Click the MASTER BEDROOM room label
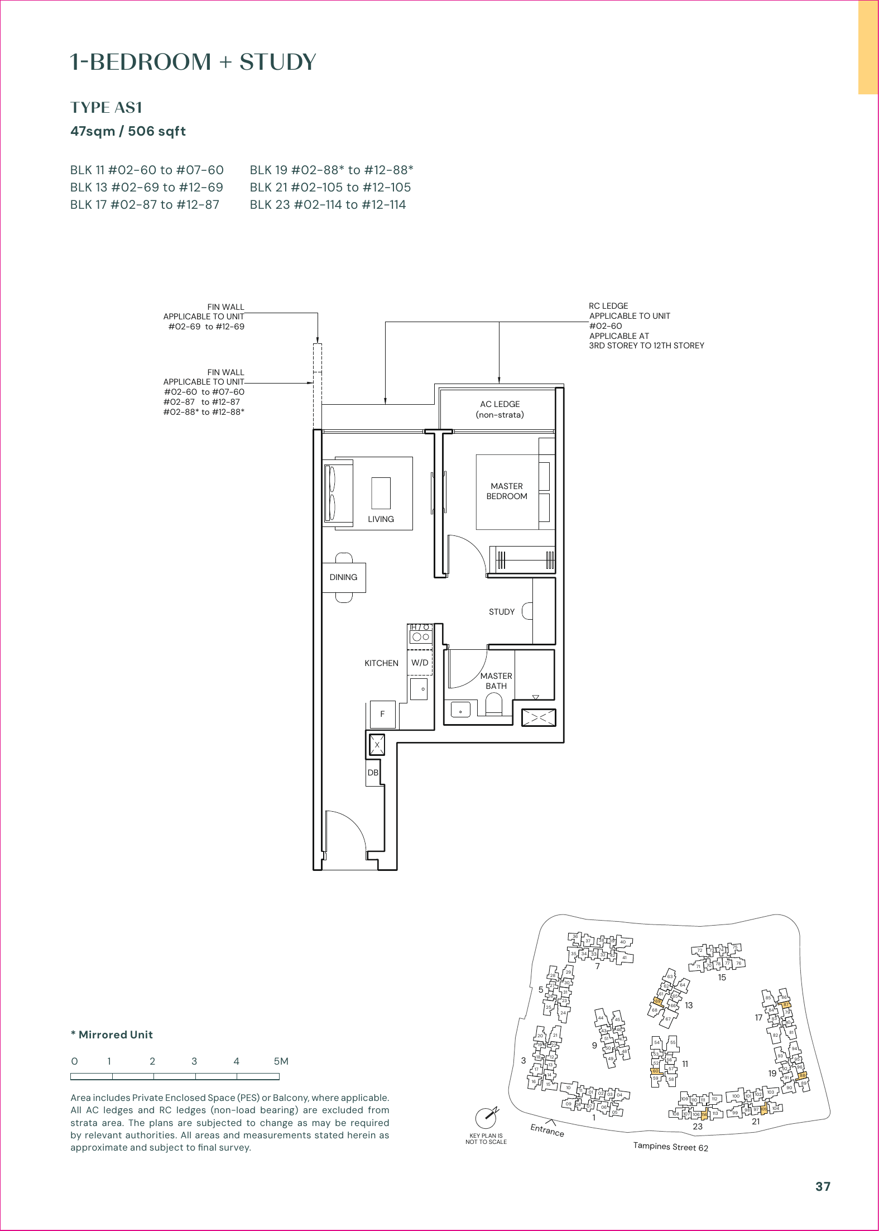pos(506,491)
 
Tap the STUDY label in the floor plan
pos(501,612)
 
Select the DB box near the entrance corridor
pos(373,773)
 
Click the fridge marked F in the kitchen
pos(383,714)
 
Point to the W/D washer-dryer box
pos(420,663)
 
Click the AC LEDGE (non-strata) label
pos(499,409)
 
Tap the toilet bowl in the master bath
pos(494,704)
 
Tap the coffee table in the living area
pos(381,493)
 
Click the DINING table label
pos(343,577)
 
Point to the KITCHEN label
pos(381,663)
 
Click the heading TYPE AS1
pos(106,107)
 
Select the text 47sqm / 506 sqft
pos(128,131)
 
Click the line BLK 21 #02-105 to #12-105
pos(330,188)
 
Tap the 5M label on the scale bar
pos(281,1061)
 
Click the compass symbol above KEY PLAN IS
pos(486,1118)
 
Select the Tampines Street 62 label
pos(670,1147)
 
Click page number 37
pos(823,1186)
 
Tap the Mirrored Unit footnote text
pos(112,1034)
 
